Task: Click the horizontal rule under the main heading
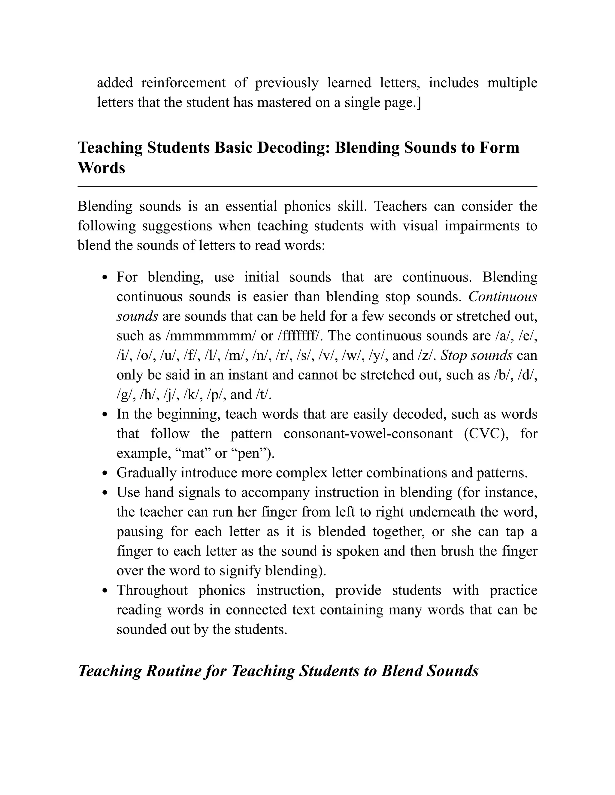(x=307, y=186)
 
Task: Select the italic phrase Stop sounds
(x=477, y=355)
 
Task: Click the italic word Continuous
(x=502, y=297)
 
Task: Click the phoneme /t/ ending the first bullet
(x=265, y=394)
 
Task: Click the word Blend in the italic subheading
(x=401, y=670)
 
